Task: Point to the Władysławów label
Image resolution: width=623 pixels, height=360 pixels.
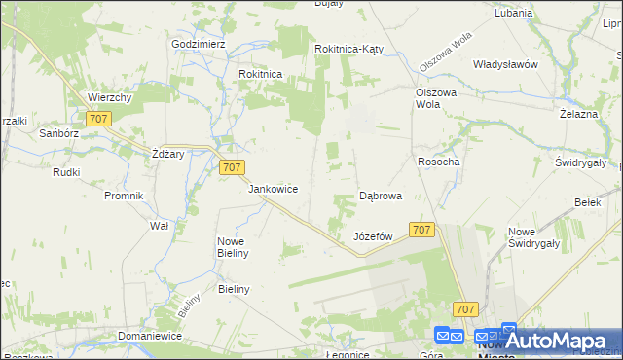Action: pyautogui.click(x=505, y=64)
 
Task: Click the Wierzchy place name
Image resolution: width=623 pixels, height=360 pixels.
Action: pyautogui.click(x=110, y=97)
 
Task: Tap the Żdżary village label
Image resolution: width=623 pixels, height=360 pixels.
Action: pyautogui.click(x=168, y=154)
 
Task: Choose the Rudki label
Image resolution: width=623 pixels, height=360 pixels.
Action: pyautogui.click(x=66, y=172)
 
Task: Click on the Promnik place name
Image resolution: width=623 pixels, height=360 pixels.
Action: pyautogui.click(x=124, y=195)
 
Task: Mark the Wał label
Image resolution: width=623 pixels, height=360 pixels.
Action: pyautogui.click(x=159, y=225)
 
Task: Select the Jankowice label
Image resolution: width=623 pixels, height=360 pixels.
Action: pyautogui.click(x=273, y=189)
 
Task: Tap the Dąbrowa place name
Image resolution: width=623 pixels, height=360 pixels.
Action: pyautogui.click(x=381, y=196)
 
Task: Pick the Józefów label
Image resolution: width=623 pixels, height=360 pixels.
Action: pyautogui.click(x=373, y=236)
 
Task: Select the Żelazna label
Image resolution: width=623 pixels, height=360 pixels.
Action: pyautogui.click(x=577, y=114)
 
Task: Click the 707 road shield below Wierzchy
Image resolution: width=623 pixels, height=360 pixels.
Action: pyautogui.click(x=97, y=119)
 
